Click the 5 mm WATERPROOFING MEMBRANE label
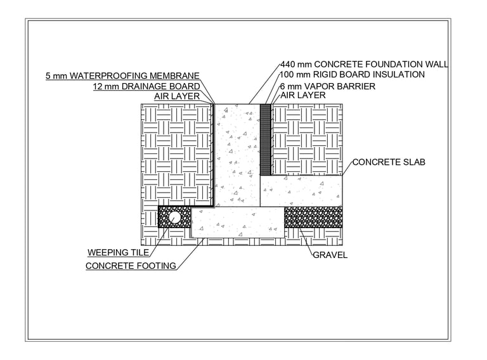[122, 76]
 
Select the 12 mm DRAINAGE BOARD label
[146, 86]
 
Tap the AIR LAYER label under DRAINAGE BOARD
[177, 96]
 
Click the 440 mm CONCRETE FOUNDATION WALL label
[364, 64]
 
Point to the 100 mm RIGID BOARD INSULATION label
[352, 75]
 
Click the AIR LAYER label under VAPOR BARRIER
[302, 96]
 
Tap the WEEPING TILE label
[118, 253]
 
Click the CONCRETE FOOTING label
[131, 266]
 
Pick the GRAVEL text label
[330, 255]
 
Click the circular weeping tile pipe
[176, 217]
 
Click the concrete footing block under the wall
[238, 222]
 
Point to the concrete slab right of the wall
[301, 191]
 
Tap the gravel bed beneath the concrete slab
[313, 217]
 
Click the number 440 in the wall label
[288, 64]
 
